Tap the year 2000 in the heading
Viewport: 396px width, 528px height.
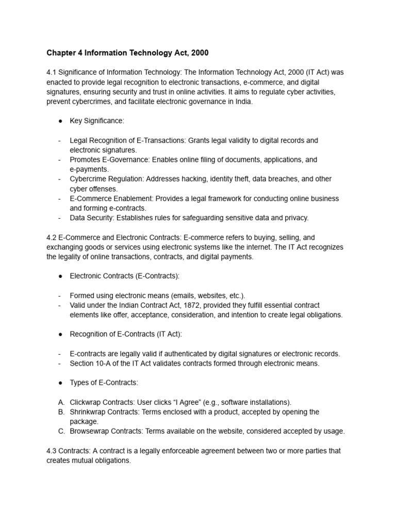[x=199, y=53]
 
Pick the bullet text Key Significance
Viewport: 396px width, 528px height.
[x=97, y=121]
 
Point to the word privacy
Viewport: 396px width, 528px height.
[x=295, y=218]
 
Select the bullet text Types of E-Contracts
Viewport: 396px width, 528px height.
[x=104, y=383]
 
